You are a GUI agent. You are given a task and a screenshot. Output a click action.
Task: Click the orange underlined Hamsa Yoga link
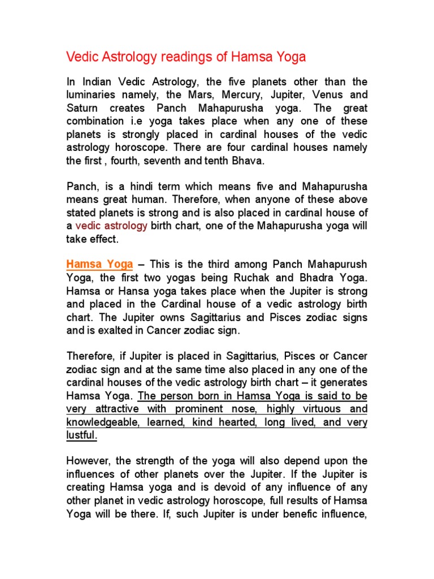point(99,265)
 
